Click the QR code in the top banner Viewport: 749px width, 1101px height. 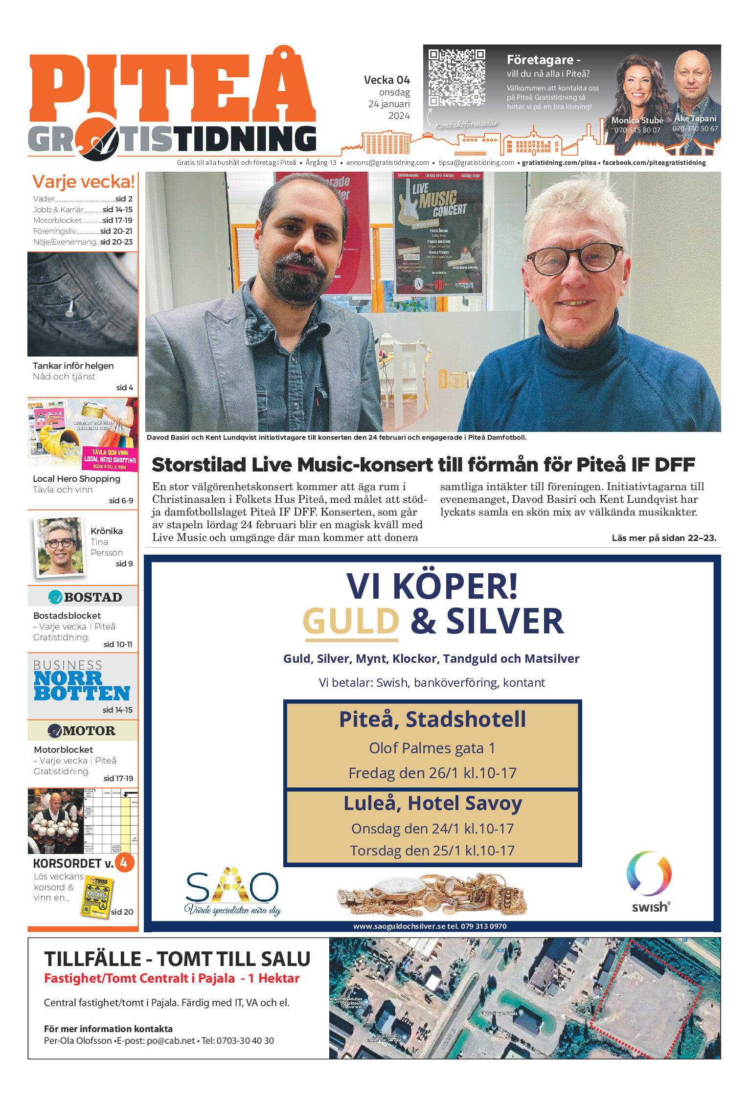456,77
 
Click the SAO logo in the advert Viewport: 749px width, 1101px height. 232,890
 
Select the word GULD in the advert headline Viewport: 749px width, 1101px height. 351,621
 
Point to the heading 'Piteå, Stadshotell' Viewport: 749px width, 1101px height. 432,719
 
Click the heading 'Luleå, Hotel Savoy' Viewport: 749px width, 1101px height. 432,804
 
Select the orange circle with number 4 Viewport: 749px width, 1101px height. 124,863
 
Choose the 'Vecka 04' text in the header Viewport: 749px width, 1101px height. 386,80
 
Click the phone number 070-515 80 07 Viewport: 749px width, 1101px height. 637,130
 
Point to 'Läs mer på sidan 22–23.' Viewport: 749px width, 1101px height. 664,538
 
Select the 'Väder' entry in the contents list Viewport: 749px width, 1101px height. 44,199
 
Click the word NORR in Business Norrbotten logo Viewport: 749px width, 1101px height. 68,678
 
